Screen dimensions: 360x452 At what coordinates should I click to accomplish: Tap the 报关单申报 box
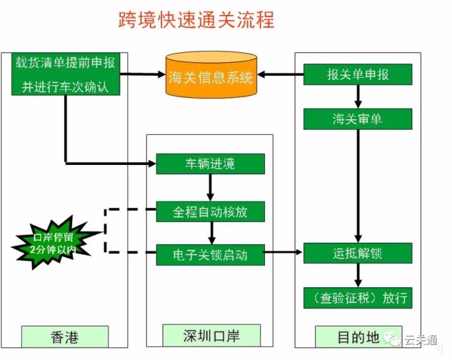[x=358, y=75]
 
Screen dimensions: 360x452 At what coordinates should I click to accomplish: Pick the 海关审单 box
[x=358, y=119]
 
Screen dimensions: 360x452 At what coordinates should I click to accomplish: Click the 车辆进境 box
[x=210, y=164]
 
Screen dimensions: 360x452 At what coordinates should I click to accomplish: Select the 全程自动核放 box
[x=210, y=211]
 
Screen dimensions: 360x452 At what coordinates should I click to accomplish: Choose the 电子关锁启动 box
[x=210, y=255]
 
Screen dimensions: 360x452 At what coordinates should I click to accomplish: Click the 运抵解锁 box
[x=358, y=253]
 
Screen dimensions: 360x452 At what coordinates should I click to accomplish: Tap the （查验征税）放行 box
[x=358, y=297]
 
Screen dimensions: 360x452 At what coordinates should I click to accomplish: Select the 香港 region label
[x=65, y=337]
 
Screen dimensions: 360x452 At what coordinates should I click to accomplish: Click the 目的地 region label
[x=358, y=337]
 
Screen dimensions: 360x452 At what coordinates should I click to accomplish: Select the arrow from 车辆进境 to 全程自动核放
[x=210, y=187]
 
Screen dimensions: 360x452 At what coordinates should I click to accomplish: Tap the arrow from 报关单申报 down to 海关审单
[x=358, y=97]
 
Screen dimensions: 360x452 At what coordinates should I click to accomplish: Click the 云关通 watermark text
[x=420, y=341]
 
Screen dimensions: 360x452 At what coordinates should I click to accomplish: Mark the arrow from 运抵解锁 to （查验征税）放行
[x=358, y=275]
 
